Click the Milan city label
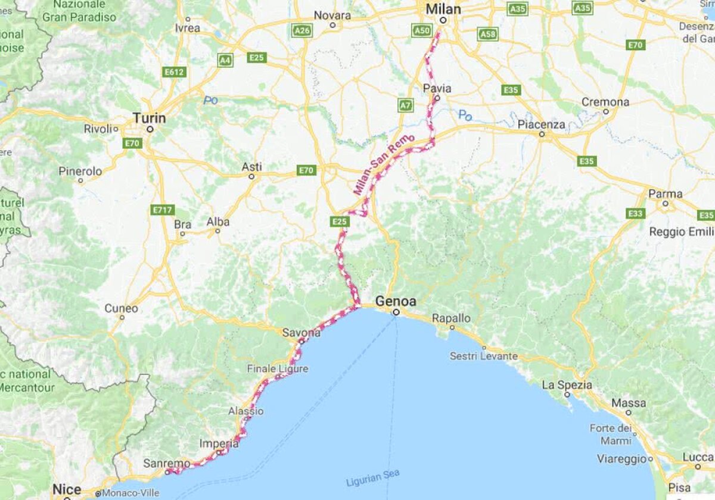pos(443,9)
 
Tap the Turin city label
pos(149,118)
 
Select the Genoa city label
pos(396,301)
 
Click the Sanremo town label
pos(167,463)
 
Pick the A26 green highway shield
pos(302,30)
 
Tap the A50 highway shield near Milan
pos(422,30)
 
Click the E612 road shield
pos(175,72)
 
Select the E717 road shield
pos(163,210)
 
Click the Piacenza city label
pos(540,124)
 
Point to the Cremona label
pos(605,102)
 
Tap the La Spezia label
pos(567,385)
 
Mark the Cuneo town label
pos(122,308)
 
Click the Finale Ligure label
pos(278,369)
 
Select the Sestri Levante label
pos(483,356)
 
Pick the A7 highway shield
pos(406,105)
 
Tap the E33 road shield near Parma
pos(636,213)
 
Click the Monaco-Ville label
pos(130,493)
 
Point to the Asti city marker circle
pos(251,176)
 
